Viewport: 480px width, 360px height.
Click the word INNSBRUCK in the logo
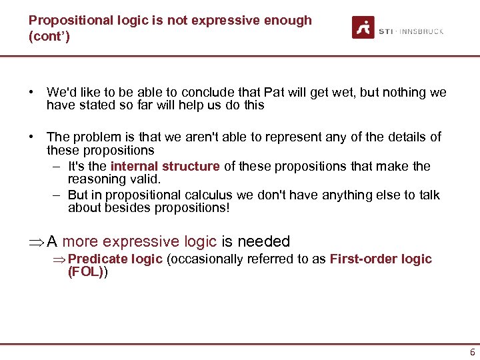422,31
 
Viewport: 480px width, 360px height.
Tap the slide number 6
472,353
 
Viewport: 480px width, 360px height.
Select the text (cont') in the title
49,35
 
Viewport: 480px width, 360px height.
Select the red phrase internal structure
165,166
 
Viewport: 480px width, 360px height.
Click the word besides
125,207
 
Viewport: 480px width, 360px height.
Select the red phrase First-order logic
381,259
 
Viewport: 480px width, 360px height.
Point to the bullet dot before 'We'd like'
31,93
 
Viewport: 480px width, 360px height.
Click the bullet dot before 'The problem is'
31,137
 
